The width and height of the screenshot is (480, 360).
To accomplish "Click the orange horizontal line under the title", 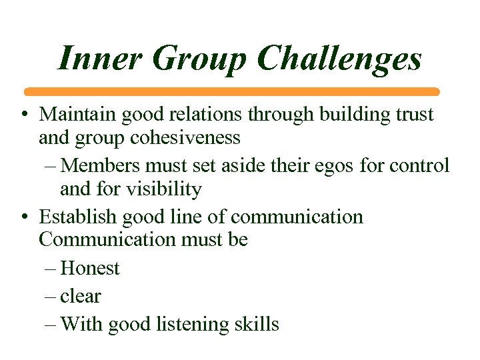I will (x=232, y=91).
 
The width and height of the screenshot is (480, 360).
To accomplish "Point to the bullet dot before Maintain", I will (x=24, y=115).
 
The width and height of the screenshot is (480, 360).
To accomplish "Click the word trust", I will (x=415, y=114).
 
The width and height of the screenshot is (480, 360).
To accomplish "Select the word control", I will (x=425, y=164).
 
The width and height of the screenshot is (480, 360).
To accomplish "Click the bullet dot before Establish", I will (x=24, y=217).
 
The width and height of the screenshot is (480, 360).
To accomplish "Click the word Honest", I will (x=90, y=268).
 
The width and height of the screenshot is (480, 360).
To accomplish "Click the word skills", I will (x=260, y=324).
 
